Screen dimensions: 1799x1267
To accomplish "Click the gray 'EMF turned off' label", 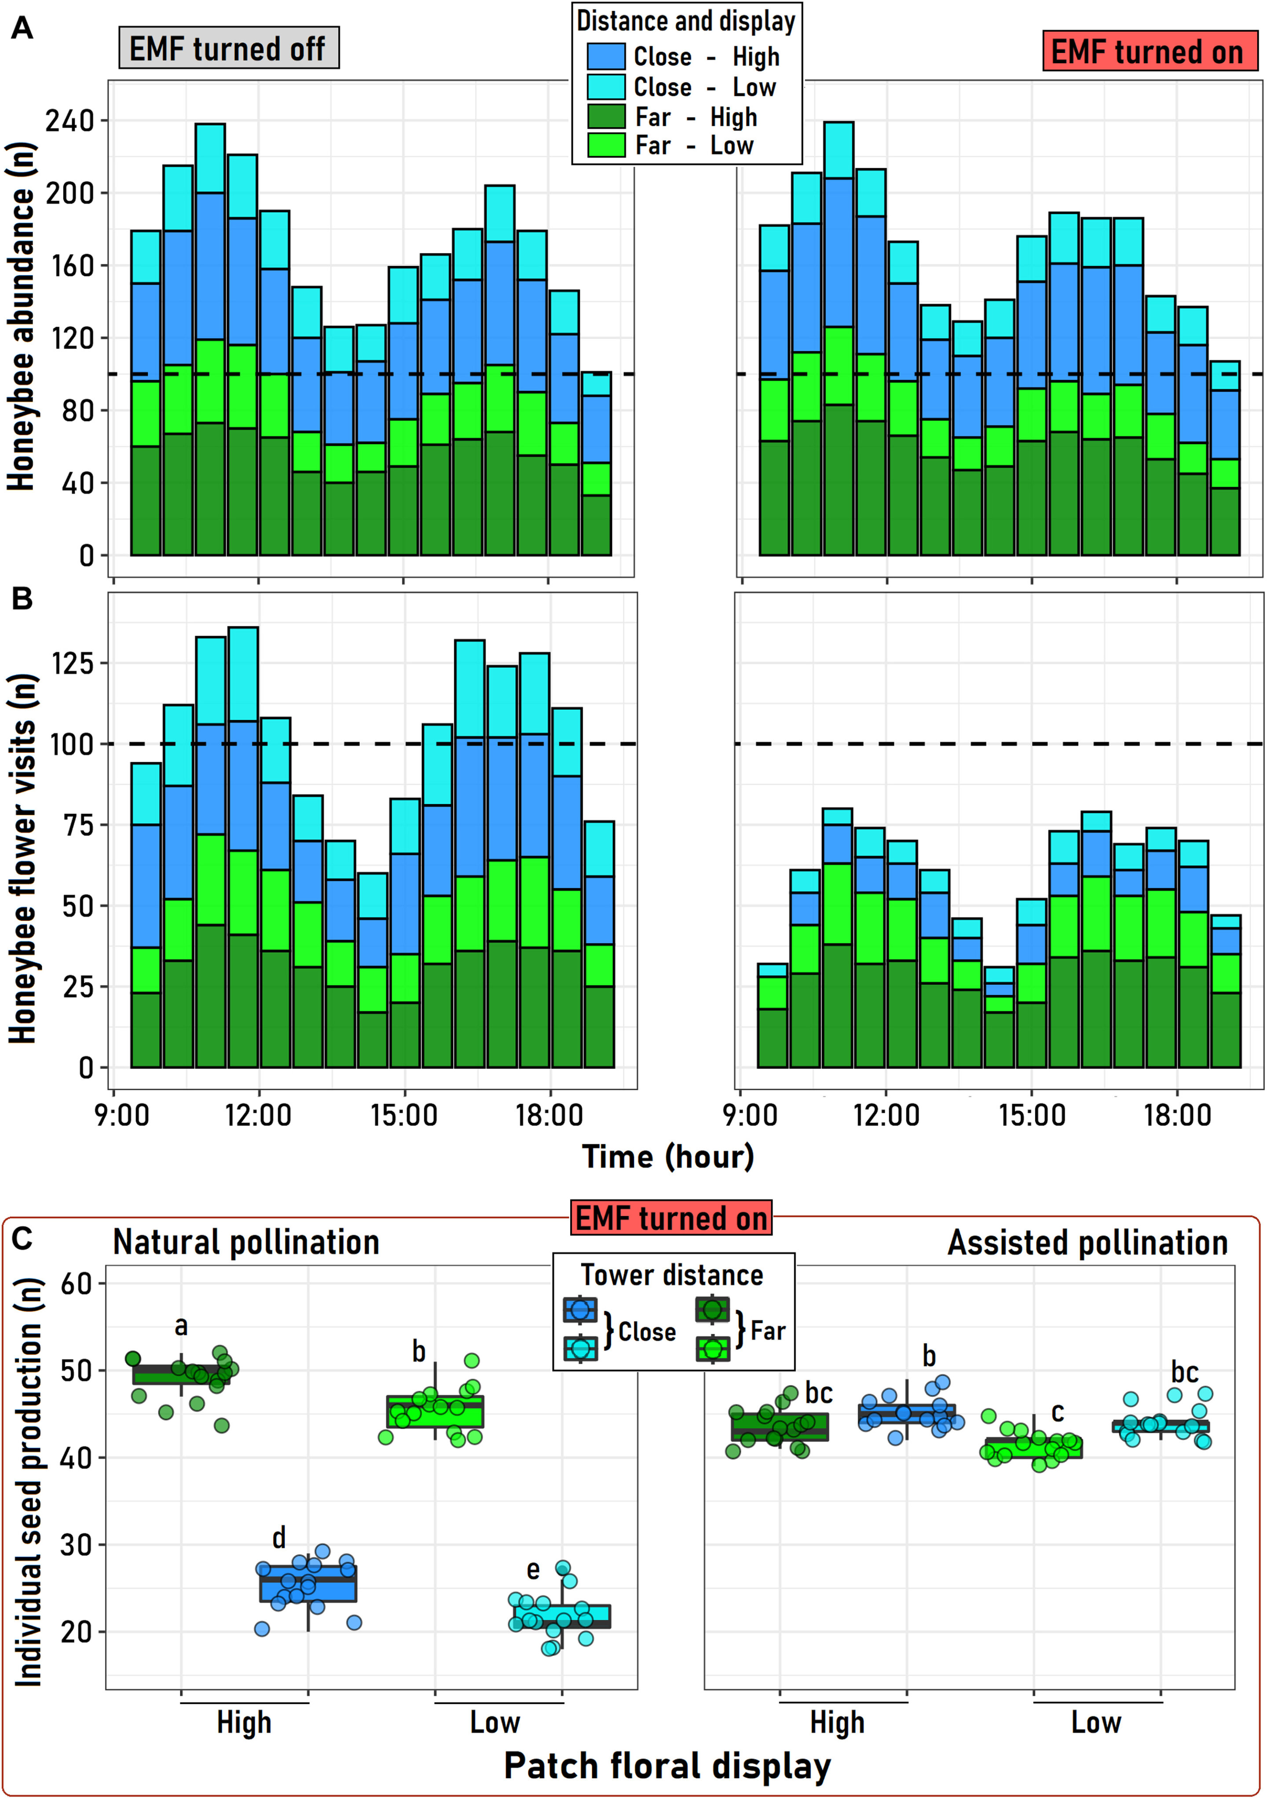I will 228,48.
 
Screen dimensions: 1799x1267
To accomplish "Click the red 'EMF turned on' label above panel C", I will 671,1218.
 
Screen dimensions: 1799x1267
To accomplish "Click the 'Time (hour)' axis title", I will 667,1157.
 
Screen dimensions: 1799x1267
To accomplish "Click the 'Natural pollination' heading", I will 246,1243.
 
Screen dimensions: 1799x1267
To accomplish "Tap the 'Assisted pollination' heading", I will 1088,1243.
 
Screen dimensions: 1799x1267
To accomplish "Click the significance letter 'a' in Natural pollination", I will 181,1326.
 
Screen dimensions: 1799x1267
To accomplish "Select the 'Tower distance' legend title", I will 671,1275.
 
